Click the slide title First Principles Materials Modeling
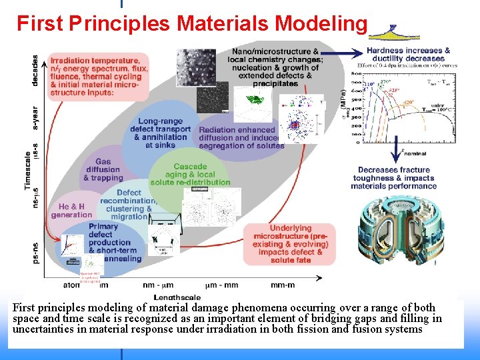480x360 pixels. pos(192,23)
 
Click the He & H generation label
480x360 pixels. pos(71,211)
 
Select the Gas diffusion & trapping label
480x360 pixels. pos(103,170)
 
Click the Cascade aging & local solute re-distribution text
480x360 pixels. pos(190,175)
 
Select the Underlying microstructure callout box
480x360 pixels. pos(290,244)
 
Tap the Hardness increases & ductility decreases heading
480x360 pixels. pos(408,54)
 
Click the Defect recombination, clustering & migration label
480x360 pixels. pos(129,205)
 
